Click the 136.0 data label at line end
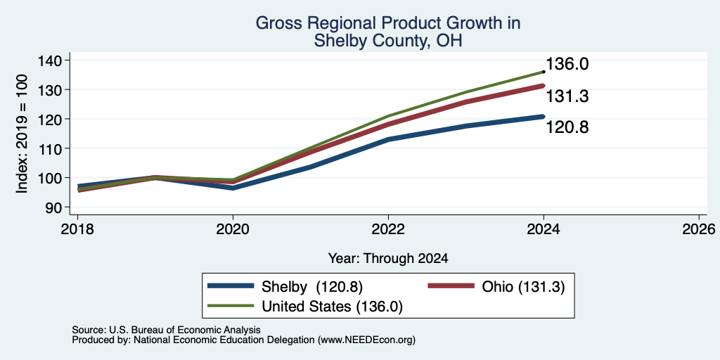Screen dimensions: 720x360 pos(567,64)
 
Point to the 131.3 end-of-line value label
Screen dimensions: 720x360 pos(567,96)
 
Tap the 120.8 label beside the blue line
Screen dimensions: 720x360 pos(567,127)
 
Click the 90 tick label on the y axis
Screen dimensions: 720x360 pos(60,207)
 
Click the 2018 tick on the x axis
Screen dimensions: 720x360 pos(77,229)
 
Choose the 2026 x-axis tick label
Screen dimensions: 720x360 pos(698,229)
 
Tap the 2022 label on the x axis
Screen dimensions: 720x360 pos(388,229)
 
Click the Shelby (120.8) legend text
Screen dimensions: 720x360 pos(312,287)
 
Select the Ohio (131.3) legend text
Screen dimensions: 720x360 pos(523,287)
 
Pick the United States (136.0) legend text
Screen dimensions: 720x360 pos(332,307)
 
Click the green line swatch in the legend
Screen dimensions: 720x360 pos(231,305)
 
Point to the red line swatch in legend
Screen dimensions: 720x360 pos(451,285)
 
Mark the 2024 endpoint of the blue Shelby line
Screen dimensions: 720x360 pos(544,117)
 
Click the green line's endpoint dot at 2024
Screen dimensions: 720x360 pos(544,72)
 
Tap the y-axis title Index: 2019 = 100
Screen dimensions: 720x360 pos(22,134)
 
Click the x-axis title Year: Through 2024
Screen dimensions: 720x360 pos(388,259)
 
